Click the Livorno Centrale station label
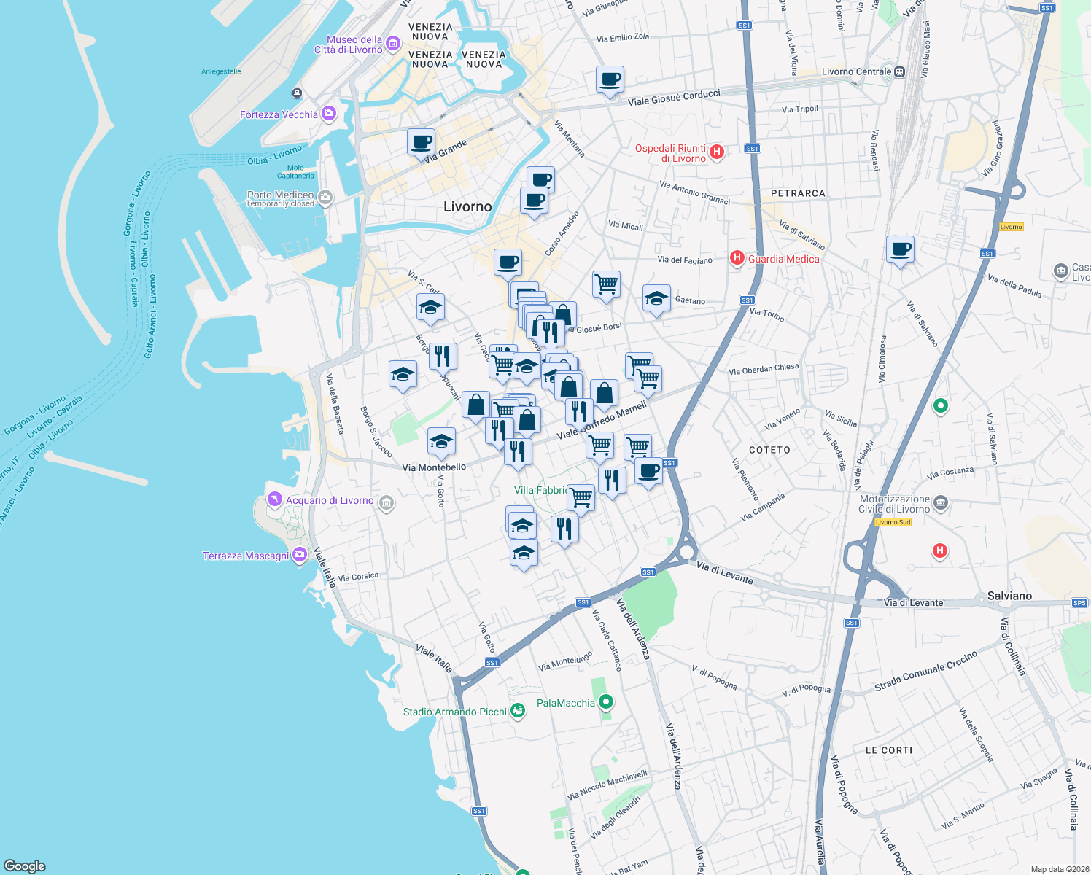click(856, 71)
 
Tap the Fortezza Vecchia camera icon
click(329, 114)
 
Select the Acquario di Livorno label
click(330, 500)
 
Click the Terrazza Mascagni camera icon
click(299, 556)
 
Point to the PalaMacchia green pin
click(606, 702)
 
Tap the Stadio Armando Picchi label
click(454, 712)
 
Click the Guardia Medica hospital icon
click(737, 258)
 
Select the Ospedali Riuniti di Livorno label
click(670, 153)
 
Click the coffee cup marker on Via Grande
click(421, 142)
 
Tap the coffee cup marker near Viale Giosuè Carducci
click(610, 79)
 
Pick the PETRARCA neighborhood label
click(798, 193)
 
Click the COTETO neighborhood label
click(769, 450)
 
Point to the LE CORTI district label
click(888, 750)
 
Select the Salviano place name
click(1009, 596)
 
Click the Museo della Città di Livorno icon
click(393, 44)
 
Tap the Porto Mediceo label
click(280, 195)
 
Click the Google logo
click(25, 866)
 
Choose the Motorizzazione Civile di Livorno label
click(894, 504)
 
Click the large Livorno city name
click(467, 207)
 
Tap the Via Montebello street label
click(434, 467)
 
